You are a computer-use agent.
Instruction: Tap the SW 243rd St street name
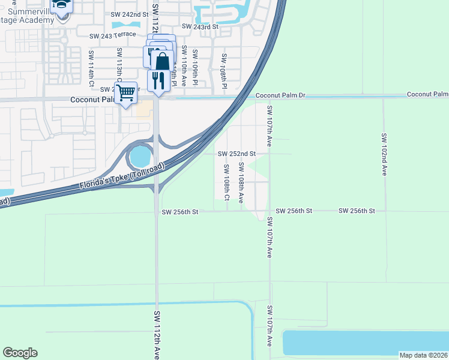(201, 26)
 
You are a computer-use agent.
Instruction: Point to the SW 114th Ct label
(92, 66)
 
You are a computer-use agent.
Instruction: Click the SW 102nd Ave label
(383, 154)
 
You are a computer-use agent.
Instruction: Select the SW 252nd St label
(237, 154)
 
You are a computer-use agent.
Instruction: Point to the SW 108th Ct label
(227, 182)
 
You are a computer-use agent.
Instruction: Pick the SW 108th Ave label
(241, 182)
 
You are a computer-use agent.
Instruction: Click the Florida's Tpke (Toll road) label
(122, 177)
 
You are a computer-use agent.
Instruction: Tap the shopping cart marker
(125, 93)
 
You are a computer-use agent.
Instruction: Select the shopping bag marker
(162, 61)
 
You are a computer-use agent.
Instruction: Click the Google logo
(20, 353)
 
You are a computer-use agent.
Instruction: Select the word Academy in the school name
(41, 19)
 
